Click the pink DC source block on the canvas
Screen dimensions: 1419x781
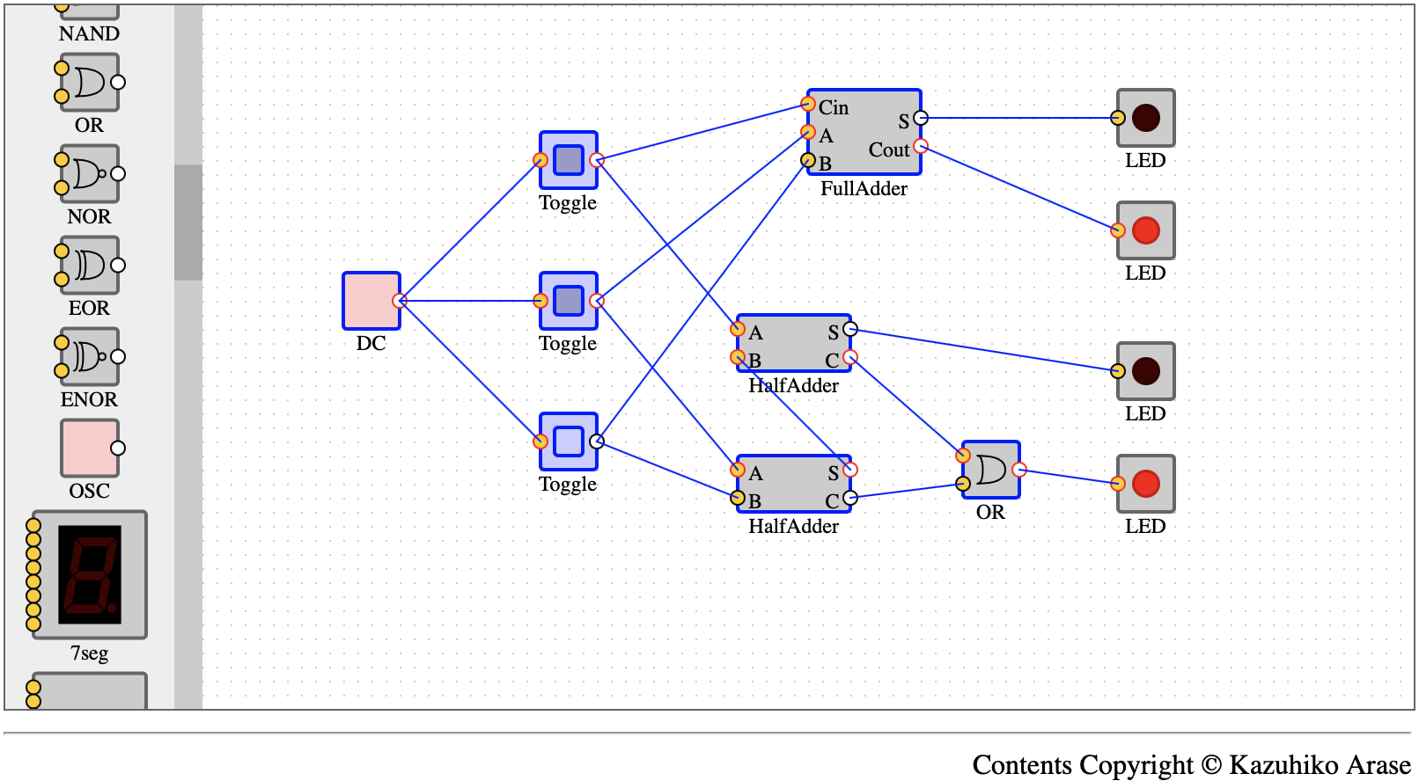coord(371,301)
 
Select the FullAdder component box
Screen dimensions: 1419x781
coord(864,132)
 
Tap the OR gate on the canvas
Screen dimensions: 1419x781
coord(991,470)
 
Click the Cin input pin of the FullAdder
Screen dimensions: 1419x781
coord(808,104)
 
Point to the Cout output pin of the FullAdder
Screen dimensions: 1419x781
coord(921,146)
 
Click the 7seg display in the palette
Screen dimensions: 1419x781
coord(89,574)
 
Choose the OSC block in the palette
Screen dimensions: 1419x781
coord(89,448)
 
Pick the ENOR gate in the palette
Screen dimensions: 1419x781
coord(89,356)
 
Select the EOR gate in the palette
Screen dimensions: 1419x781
coord(89,266)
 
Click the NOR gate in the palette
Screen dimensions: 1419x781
coord(89,173)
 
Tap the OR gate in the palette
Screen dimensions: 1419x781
coord(89,83)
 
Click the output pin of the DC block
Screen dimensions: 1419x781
coord(399,301)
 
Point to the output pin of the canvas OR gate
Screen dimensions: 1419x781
coord(1019,470)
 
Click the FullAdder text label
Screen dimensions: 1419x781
coord(864,188)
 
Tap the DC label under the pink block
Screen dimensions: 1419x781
coord(371,343)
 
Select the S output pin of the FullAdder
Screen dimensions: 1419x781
coord(921,118)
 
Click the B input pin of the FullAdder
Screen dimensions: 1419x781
coord(808,160)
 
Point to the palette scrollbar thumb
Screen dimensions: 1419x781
coord(188,223)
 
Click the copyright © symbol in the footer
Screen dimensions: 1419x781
coord(1210,764)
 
